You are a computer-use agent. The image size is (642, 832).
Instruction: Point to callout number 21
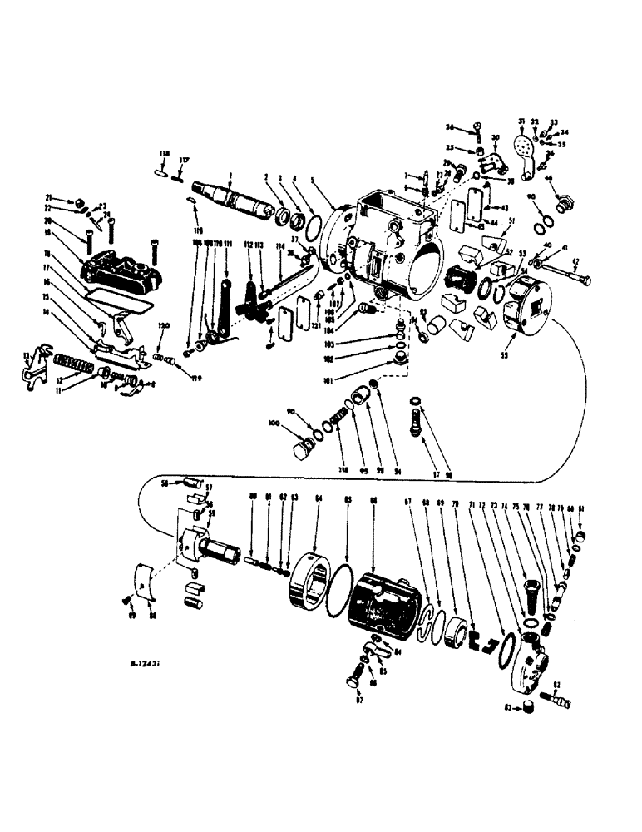pos(48,196)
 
